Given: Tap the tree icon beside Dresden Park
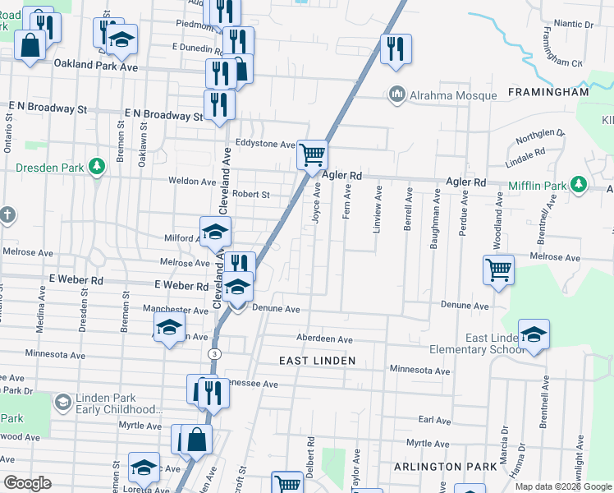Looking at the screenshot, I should pyautogui.click(x=97, y=167).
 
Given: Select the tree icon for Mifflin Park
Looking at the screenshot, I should pyautogui.click(x=579, y=184).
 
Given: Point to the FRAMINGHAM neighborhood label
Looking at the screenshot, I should pyautogui.click(x=548, y=92).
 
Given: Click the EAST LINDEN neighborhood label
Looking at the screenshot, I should pyautogui.click(x=317, y=361).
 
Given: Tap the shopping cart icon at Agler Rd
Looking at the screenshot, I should pyautogui.click(x=312, y=154).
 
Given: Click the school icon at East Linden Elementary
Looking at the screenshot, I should pyautogui.click(x=534, y=334).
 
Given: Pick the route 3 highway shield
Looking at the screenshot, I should pyautogui.click(x=213, y=353).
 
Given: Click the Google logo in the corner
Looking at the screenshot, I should pyautogui.click(x=27, y=483).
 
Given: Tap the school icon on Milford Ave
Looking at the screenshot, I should pyautogui.click(x=215, y=232).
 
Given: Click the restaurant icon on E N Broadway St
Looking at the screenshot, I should pyautogui.click(x=219, y=104).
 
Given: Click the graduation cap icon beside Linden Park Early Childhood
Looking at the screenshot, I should pyautogui.click(x=62, y=402).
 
